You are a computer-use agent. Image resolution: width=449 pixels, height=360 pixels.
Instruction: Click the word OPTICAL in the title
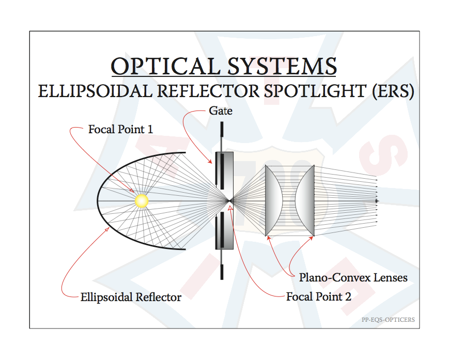tap(165, 66)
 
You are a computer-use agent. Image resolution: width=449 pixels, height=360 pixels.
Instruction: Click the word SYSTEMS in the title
tap(282, 66)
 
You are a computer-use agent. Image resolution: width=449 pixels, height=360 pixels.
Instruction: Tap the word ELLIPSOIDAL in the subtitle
tap(96, 91)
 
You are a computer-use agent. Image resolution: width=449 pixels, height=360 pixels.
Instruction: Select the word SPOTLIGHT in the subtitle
tap(315, 91)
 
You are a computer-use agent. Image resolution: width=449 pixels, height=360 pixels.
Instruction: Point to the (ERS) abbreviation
tap(393, 91)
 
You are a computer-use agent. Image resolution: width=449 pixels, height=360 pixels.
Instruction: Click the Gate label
tap(221, 111)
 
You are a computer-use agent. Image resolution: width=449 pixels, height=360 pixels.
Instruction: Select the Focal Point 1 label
tap(120, 129)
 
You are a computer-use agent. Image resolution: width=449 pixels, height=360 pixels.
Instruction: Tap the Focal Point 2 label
tap(319, 297)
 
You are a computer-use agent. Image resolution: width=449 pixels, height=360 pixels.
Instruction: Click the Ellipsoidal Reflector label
tap(131, 298)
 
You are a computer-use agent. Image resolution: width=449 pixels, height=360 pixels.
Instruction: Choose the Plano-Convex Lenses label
tap(353, 277)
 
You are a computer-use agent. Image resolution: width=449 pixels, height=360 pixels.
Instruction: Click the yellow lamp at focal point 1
tap(142, 200)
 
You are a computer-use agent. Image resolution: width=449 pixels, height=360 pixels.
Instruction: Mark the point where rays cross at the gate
tap(230, 201)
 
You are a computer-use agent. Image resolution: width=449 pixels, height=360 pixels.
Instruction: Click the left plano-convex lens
tap(273, 200)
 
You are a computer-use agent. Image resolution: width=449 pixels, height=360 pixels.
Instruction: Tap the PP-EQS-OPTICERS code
tap(388, 320)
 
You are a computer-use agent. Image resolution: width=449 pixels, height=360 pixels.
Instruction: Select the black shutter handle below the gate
tap(222, 272)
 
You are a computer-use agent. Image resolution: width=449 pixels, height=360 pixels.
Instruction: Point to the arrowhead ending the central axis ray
tap(377, 201)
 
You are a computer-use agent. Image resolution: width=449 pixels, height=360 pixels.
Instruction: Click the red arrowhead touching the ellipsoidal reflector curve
tap(107, 229)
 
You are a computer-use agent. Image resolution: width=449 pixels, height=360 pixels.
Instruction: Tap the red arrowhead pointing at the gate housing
tap(210, 162)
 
